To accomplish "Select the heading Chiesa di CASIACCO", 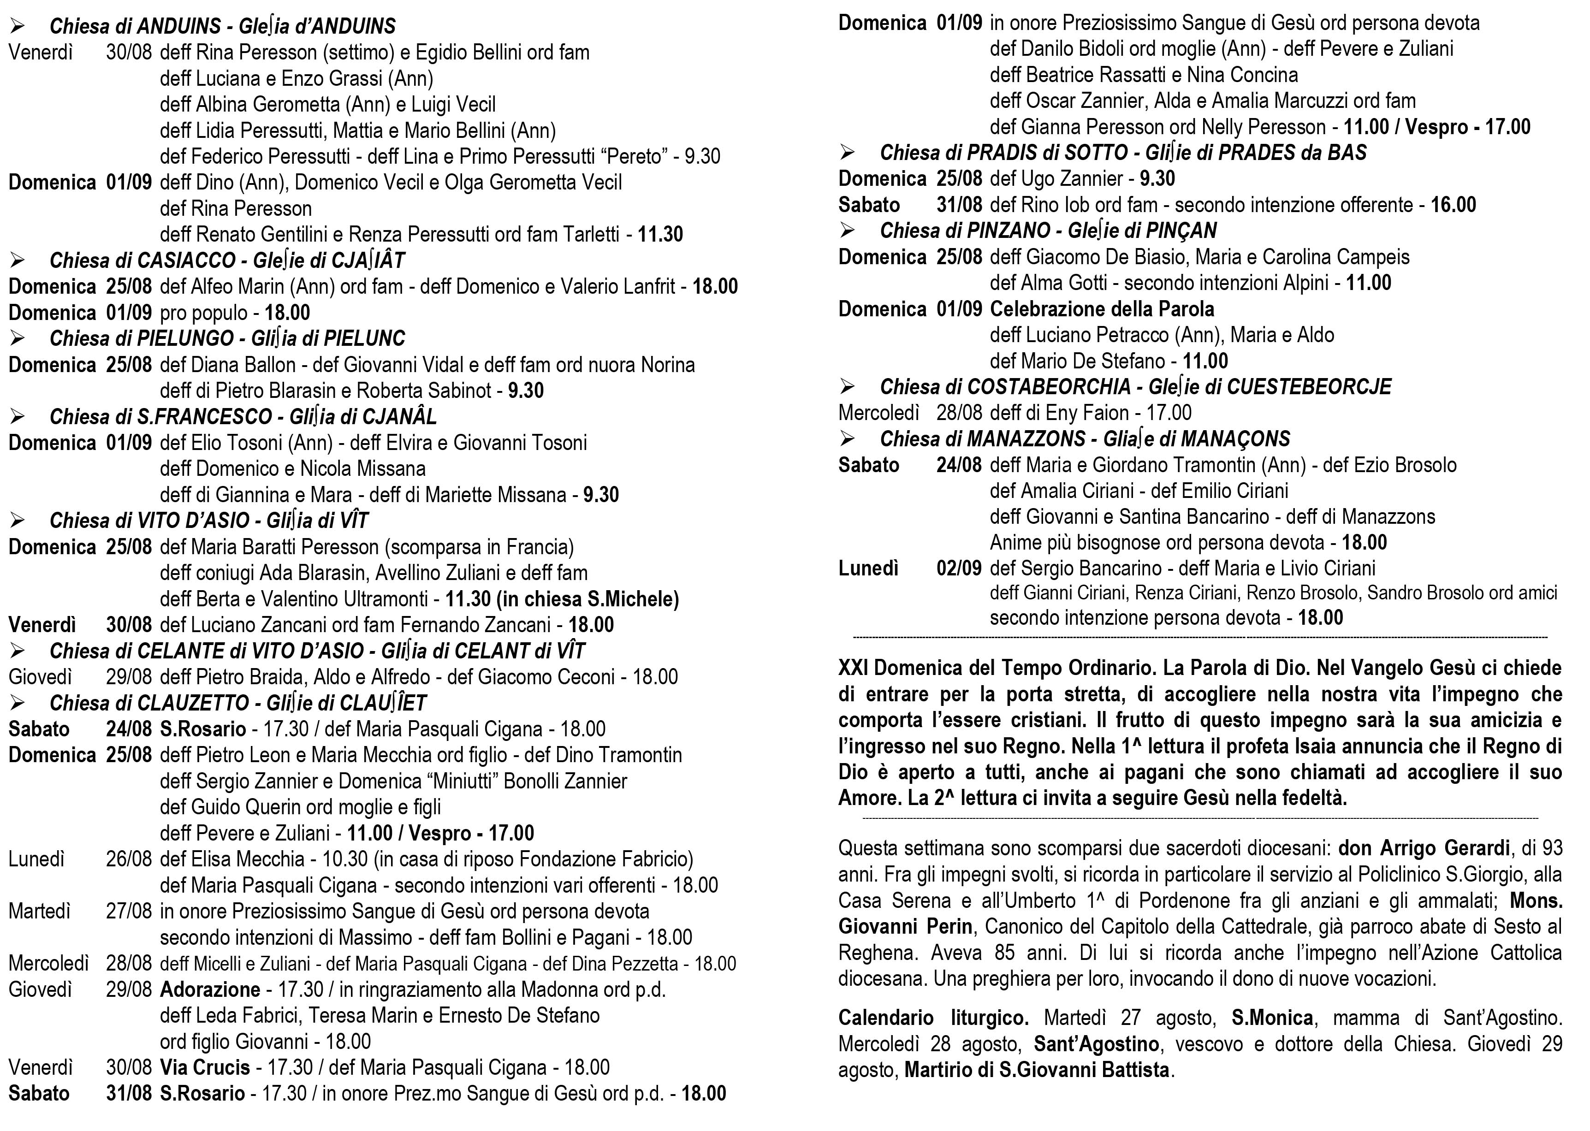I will tap(143, 261).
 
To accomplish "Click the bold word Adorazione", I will tap(210, 989).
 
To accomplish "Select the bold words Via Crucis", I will tap(205, 1068).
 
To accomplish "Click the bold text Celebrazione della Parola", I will tap(1102, 309).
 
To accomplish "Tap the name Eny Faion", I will tap(1086, 413).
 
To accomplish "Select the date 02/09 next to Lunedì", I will tap(958, 568).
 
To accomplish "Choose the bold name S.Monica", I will tap(1272, 1018).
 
